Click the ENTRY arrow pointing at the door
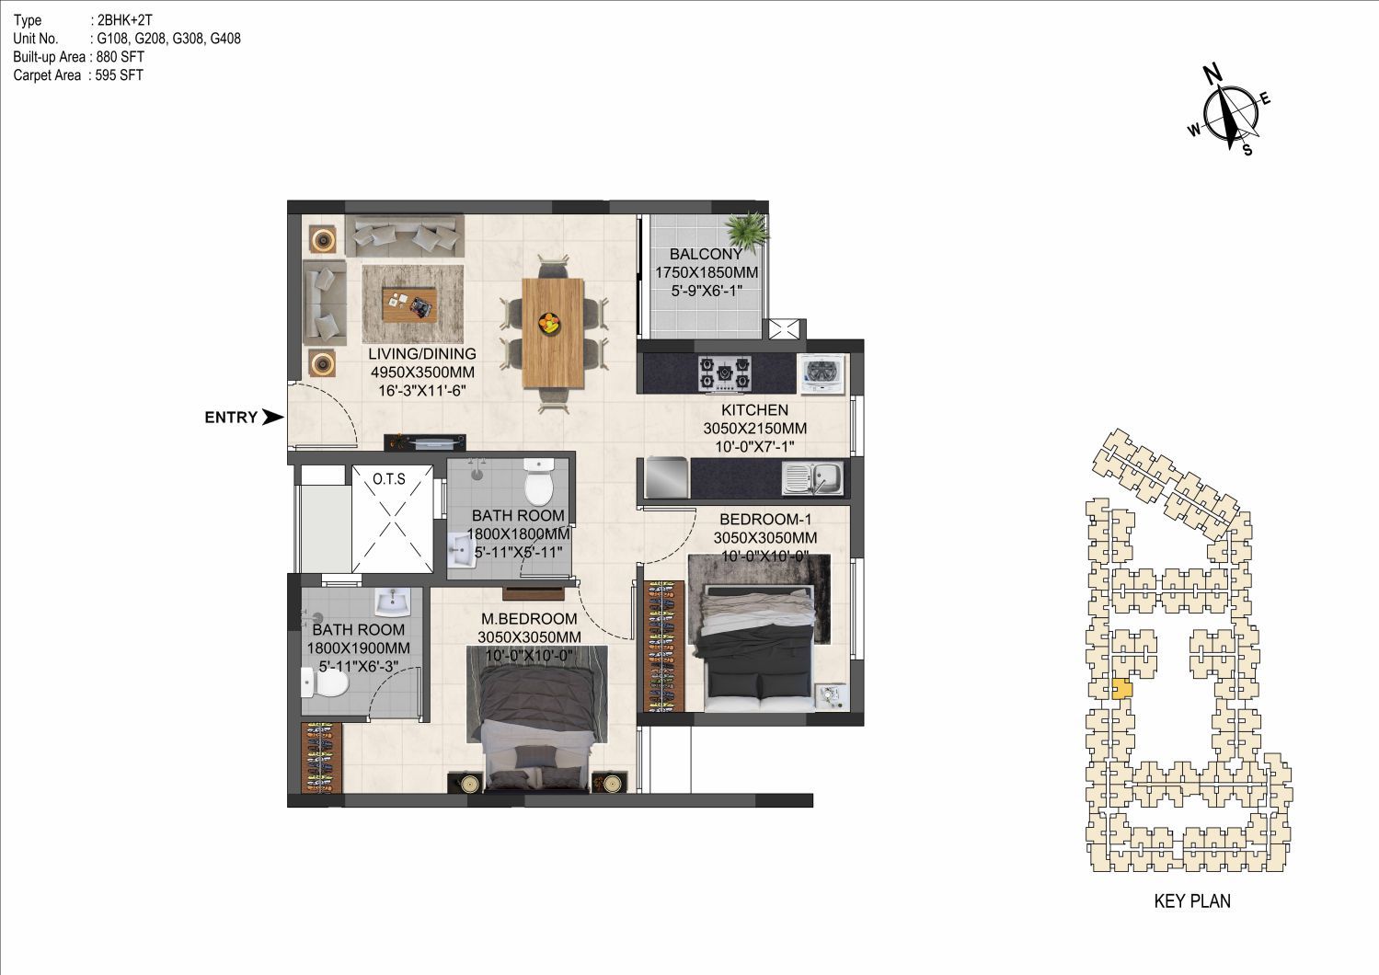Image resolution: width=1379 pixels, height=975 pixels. tap(272, 418)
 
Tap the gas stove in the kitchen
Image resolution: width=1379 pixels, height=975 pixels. tap(725, 373)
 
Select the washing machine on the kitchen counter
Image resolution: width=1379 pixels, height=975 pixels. tap(822, 373)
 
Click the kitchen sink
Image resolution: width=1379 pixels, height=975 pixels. tap(811, 478)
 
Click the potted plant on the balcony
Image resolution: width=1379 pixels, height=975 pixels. tap(748, 230)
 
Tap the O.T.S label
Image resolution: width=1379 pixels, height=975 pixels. tap(389, 479)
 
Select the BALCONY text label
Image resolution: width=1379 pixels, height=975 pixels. tap(707, 254)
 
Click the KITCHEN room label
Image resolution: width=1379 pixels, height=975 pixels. tap(754, 410)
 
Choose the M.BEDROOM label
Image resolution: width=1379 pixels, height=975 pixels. tap(530, 619)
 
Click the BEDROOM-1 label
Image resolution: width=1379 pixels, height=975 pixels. tap(765, 520)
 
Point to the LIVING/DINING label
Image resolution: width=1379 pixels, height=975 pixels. tap(422, 354)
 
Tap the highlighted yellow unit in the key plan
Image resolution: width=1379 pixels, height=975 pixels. tap(1121, 689)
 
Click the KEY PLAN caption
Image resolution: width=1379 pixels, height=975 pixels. tap(1192, 901)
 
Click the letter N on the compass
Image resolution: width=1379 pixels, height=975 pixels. tap(1212, 75)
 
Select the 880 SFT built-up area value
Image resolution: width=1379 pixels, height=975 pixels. tap(121, 57)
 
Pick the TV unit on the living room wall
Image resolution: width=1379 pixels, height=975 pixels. tap(425, 442)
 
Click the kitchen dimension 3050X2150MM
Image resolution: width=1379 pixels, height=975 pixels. tap(754, 429)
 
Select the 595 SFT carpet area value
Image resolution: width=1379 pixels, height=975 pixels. tap(120, 75)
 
